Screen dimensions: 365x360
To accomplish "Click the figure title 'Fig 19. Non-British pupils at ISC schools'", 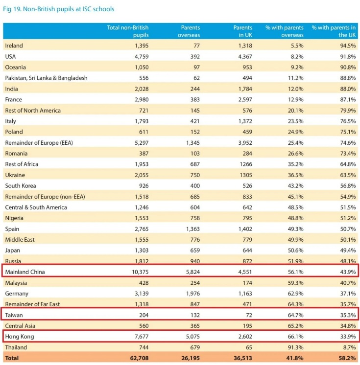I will [59, 9].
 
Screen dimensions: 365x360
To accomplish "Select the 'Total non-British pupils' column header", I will [128, 31].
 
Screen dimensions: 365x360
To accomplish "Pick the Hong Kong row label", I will [19, 337].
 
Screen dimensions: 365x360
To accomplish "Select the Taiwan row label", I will [14, 315].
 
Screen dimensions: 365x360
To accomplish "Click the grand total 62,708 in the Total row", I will [138, 358].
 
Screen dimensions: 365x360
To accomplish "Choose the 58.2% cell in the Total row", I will [346, 358].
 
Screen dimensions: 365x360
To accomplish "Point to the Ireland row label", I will [14, 46].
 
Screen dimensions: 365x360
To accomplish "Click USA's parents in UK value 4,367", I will [243, 56].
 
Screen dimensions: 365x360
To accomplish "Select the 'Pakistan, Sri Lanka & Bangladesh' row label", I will [46, 78].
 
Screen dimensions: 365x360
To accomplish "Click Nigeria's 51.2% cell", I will [347, 218].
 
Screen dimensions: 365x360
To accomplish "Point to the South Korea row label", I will [21, 186].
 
